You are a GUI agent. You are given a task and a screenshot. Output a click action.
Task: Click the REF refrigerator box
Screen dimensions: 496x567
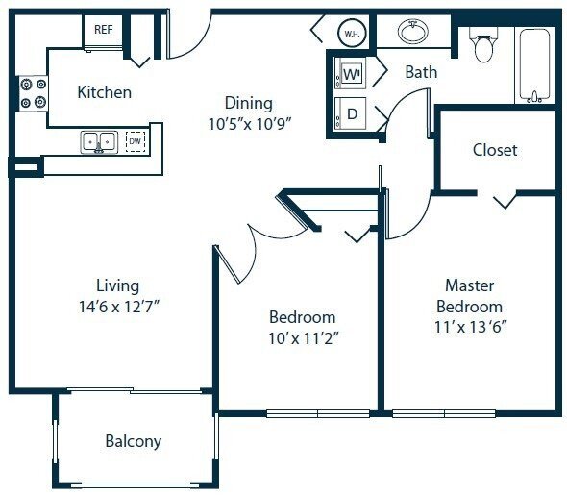coord(104,30)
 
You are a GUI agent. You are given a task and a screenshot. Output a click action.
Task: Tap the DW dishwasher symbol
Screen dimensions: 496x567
coord(136,141)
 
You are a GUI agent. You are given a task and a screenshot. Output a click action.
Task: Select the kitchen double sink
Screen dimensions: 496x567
coord(100,141)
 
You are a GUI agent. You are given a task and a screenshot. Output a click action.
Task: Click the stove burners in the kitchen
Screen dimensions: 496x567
coord(29,92)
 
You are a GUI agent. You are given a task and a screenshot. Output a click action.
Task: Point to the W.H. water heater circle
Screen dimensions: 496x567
coord(350,34)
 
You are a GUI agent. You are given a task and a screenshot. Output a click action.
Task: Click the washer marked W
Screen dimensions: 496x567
coord(352,74)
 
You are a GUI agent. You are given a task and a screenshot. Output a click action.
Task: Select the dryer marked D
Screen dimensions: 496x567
coord(352,113)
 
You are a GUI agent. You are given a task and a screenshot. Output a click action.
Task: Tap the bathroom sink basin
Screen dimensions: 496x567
coord(414,33)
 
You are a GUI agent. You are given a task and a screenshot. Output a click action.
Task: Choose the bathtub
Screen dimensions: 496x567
coord(535,63)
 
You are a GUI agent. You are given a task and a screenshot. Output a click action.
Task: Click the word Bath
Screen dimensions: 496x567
coord(421,72)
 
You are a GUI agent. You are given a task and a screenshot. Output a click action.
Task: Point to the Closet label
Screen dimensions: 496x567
coord(495,150)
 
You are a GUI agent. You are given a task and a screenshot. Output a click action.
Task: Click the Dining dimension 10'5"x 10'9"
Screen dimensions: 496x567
coord(249,123)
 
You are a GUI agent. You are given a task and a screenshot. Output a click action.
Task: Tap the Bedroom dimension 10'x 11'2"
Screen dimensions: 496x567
coord(302,338)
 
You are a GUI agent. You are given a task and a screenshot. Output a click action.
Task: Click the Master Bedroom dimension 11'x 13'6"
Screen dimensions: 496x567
coord(469,327)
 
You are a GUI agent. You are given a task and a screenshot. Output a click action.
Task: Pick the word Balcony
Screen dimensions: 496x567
coord(133,442)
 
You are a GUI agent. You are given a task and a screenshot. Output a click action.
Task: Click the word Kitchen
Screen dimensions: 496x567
coord(104,93)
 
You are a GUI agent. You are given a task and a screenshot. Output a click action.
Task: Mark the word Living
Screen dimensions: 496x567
coord(117,285)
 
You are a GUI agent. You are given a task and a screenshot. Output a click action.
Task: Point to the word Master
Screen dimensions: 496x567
coord(469,285)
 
